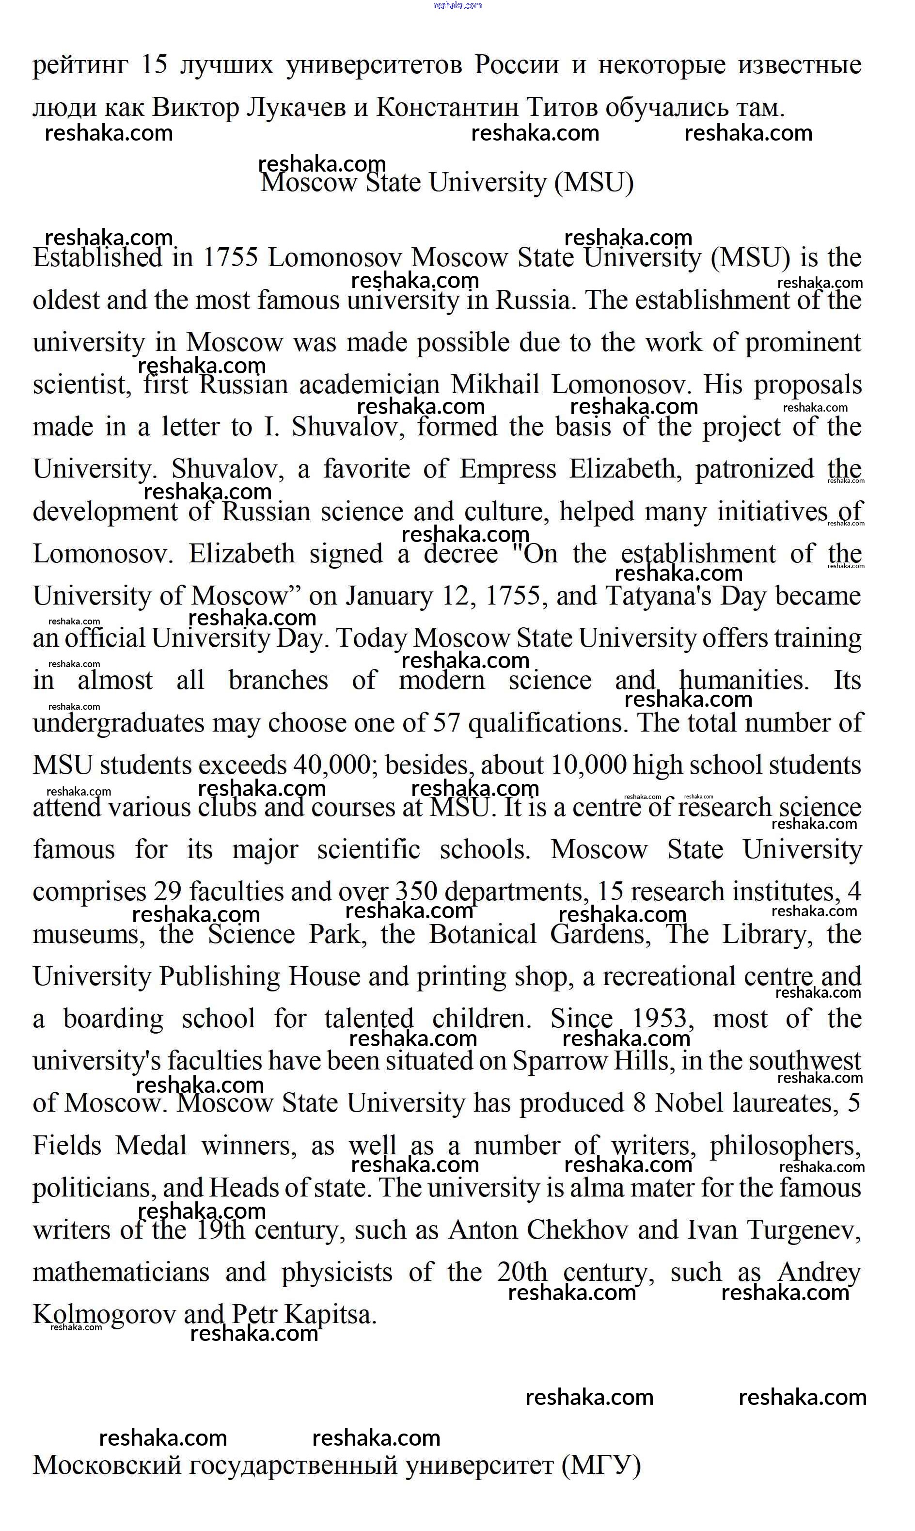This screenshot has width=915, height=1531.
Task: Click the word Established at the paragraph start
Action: tap(98, 258)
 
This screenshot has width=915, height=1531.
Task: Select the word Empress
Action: tap(507, 469)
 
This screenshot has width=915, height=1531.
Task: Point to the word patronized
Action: tap(755, 469)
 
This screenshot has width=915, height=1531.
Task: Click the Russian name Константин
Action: tap(448, 108)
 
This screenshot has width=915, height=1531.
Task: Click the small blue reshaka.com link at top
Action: tap(457, 5)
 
